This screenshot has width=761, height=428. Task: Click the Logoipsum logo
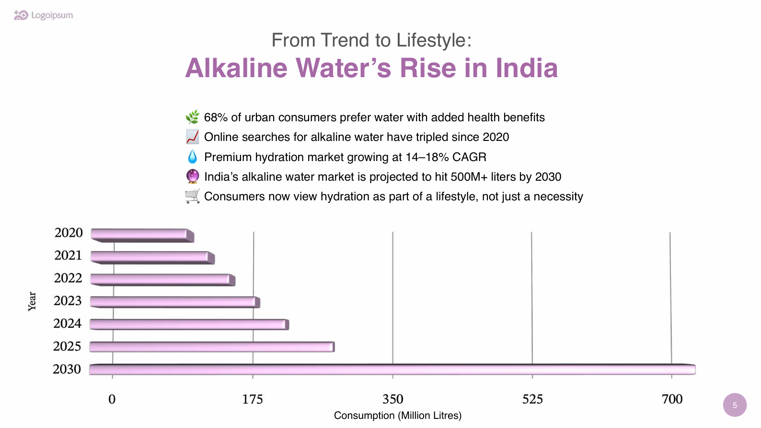(43, 15)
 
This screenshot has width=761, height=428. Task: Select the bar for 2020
(142, 235)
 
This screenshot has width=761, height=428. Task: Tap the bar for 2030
(392, 369)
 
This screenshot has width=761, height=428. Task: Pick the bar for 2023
(175, 302)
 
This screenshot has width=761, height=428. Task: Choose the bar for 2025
(212, 347)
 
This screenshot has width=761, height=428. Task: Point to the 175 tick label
(253, 399)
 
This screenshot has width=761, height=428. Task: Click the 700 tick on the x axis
(672, 399)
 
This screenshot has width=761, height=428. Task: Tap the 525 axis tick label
(532, 399)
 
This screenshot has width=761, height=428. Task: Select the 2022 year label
(68, 278)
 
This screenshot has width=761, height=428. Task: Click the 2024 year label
(68, 324)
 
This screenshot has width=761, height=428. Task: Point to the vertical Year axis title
(32, 301)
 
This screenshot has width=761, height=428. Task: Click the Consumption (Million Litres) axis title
(397, 416)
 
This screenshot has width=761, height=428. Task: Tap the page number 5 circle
(735, 405)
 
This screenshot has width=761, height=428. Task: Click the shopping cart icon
(192, 197)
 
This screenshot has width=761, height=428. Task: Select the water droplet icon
(192, 157)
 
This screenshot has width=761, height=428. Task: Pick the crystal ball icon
(192, 176)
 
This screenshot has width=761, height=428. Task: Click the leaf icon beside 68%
(192, 117)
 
